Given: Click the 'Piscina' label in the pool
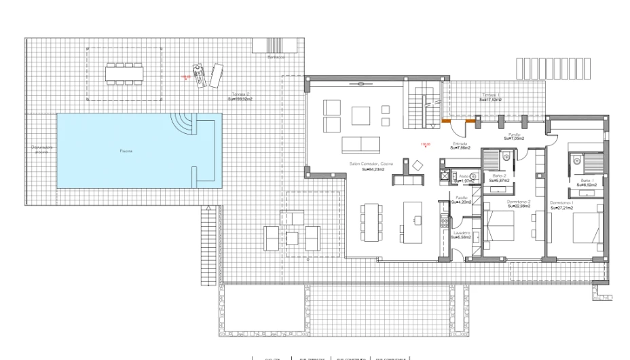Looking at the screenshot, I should click(126, 150).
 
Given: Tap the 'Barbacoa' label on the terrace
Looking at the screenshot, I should click(276, 58).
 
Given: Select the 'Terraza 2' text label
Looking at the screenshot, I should click(240, 94).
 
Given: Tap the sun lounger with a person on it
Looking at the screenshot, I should click(198, 75).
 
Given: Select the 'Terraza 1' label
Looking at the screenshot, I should click(490, 95).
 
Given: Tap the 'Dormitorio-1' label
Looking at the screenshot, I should click(562, 203).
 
